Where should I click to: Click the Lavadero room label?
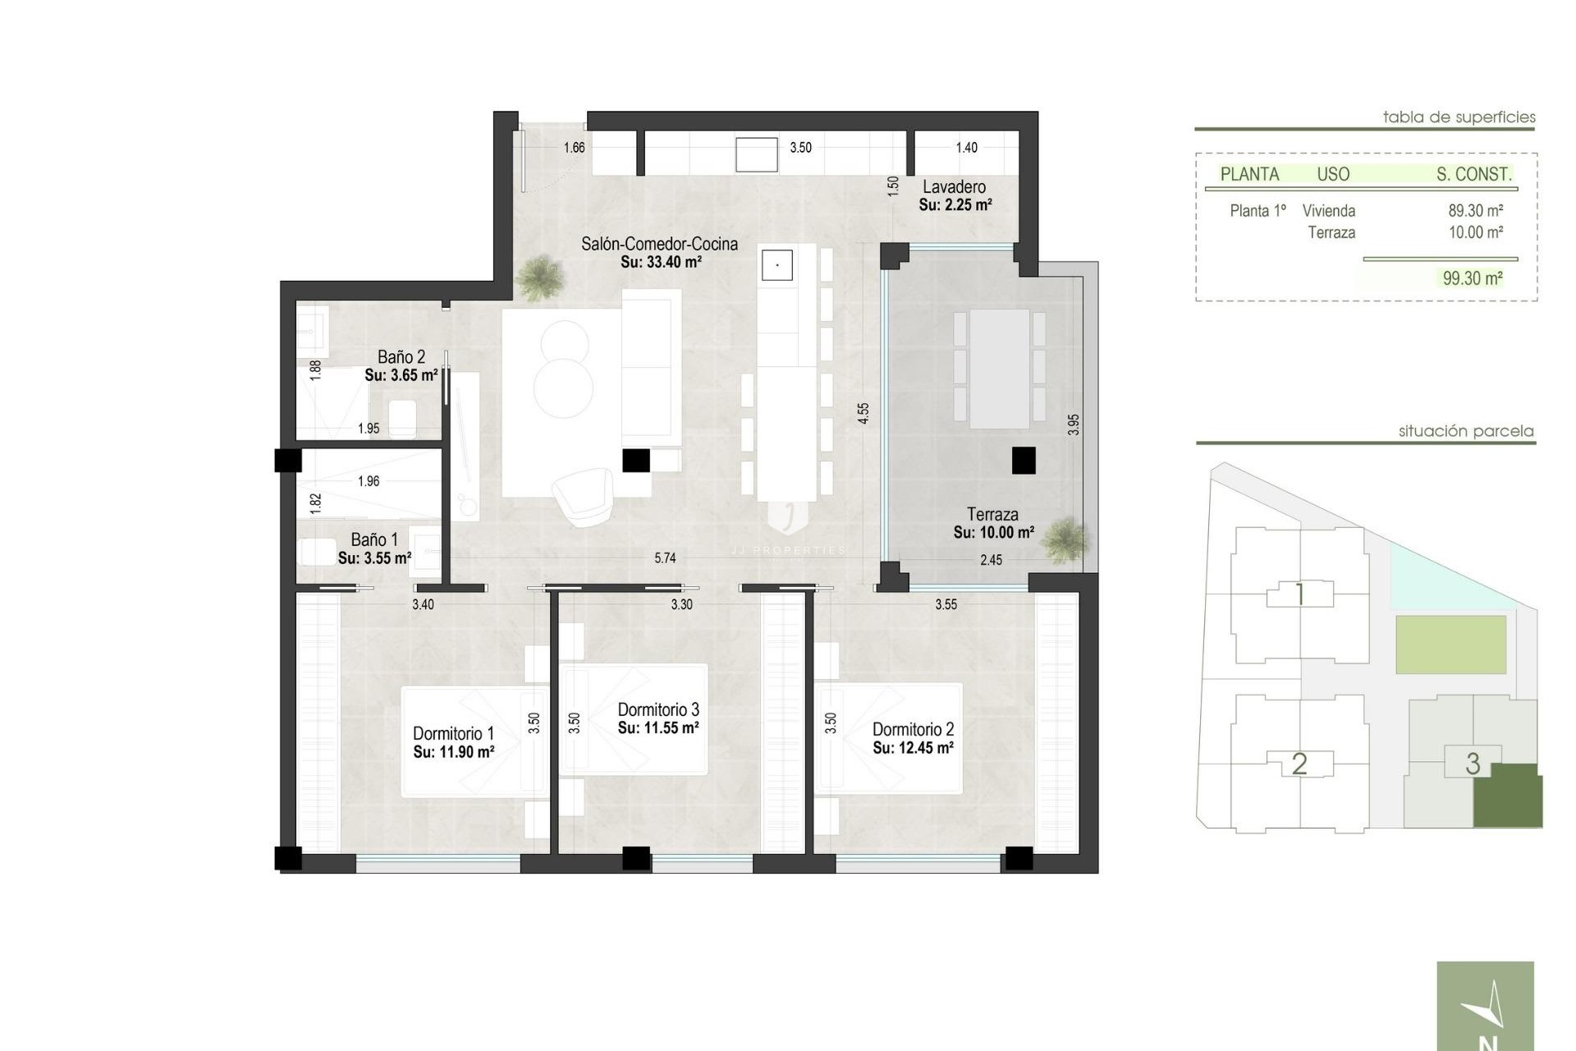pos(954,187)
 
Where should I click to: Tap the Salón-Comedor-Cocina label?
pos(659,244)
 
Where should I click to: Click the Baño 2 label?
pos(401,357)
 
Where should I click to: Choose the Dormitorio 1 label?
pos(453,733)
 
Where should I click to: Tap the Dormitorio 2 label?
pos(913,729)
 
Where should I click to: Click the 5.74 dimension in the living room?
pos(665,558)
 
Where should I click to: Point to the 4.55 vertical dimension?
pos(863,413)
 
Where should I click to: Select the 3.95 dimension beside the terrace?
pos(1074,425)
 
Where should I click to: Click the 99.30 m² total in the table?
pos(1473,278)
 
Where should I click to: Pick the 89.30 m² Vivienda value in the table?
pos(1475,211)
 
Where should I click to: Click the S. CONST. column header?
pos(1473,174)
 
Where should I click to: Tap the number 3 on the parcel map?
pos(1473,764)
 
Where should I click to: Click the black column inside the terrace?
pos(1024,461)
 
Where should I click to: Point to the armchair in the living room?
pos(582,495)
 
